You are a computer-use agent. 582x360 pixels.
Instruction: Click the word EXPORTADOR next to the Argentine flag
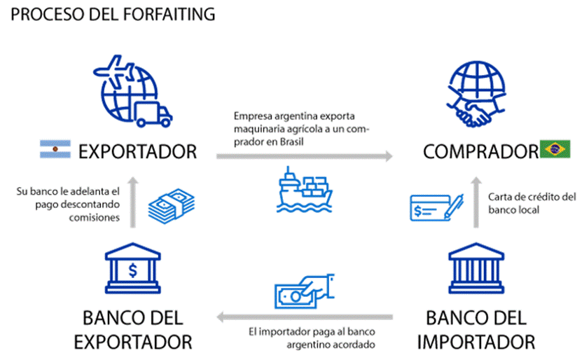pos(137,151)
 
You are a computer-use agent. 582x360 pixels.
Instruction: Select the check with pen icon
pos(434,207)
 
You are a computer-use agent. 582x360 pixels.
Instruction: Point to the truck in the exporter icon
pos(154,113)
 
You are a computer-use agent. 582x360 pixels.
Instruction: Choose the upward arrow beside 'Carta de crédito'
pos(476,203)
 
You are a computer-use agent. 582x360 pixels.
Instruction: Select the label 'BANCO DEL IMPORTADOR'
pos(476,330)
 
